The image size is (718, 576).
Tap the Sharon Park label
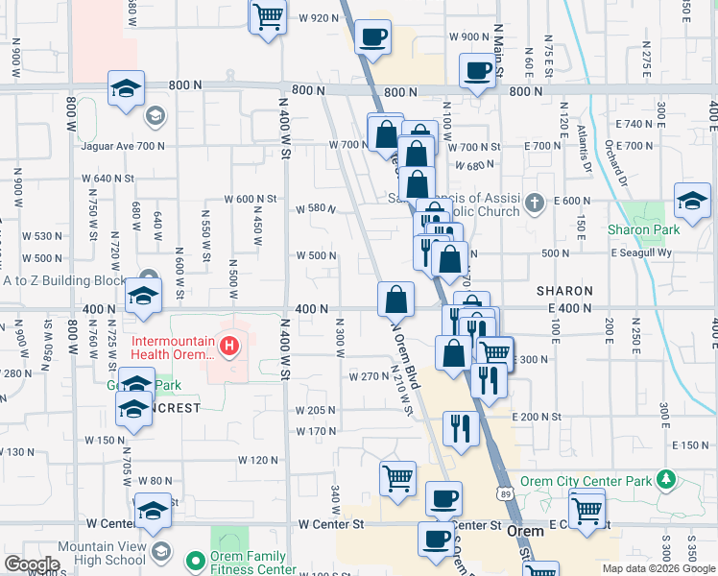click(643, 229)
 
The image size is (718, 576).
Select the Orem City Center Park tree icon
click(664, 480)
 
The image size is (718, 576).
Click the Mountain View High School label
click(101, 553)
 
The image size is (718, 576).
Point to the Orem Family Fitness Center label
click(249, 563)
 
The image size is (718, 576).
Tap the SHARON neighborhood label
click(563, 290)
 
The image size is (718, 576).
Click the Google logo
click(31, 564)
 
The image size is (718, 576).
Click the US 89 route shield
click(505, 493)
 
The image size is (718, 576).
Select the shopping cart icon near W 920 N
click(268, 14)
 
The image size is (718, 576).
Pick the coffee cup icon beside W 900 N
click(372, 37)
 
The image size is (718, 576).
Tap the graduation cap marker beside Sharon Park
click(691, 200)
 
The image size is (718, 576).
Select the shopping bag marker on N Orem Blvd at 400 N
click(395, 300)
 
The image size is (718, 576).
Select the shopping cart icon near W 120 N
click(397, 477)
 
